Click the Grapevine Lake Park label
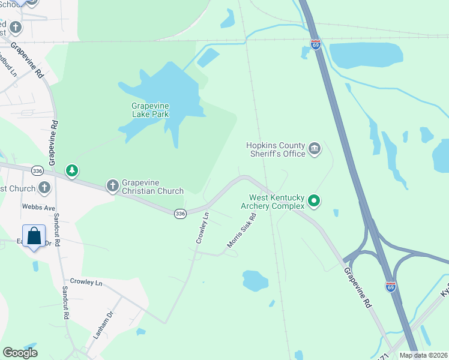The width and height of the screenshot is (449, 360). coord(150,110)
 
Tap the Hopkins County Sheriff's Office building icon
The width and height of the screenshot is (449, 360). coord(314,149)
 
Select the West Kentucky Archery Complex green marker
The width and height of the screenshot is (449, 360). coord(314,201)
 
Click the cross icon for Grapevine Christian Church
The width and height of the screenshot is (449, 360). coord(112,187)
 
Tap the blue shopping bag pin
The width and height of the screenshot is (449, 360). coord(34,235)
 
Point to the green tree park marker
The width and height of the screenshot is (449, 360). coord(72,172)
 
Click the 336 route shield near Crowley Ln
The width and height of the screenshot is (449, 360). coord(179,214)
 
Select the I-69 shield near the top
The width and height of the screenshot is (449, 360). coord(316,44)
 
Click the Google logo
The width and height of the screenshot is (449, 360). coord(20,353)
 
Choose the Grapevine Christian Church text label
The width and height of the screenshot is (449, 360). coord(152,187)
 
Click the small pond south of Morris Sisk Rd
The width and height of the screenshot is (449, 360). coord(255,280)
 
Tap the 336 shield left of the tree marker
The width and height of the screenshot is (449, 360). coord(37,170)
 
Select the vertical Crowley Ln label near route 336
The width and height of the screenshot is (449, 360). coord(202,228)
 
